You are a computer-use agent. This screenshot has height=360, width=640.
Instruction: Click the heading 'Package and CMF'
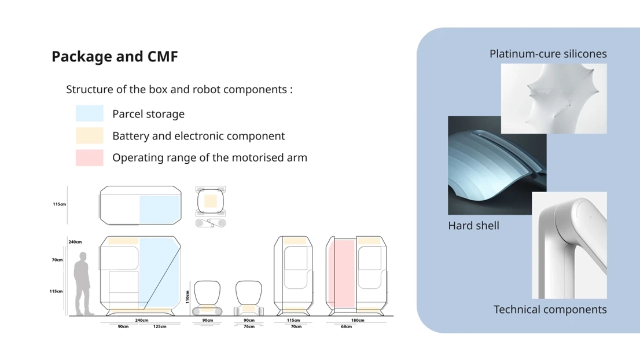point(115,57)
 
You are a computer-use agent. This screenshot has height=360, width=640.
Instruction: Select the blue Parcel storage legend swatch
point(90,113)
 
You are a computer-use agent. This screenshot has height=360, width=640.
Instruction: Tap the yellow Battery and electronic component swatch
point(90,135)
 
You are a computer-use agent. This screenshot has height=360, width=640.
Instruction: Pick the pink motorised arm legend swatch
point(90,157)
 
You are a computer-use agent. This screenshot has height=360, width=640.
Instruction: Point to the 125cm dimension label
point(160,326)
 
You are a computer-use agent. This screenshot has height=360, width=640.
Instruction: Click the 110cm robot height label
point(187,297)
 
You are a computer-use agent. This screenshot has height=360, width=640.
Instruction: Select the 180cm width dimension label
point(358,320)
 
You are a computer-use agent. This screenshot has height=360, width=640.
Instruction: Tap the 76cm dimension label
point(249,326)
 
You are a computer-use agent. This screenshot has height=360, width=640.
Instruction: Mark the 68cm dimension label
point(346,326)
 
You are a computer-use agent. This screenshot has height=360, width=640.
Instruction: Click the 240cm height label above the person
point(75,242)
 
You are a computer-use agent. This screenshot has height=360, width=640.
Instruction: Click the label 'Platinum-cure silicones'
point(548,54)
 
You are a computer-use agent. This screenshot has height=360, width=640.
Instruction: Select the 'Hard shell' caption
point(473,226)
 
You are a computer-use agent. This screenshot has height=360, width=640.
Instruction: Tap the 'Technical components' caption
point(550,310)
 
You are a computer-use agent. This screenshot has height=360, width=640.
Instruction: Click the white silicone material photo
point(554,98)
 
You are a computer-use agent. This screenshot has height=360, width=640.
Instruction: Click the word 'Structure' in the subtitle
point(89,90)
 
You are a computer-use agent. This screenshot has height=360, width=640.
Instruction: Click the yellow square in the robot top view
point(211,201)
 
